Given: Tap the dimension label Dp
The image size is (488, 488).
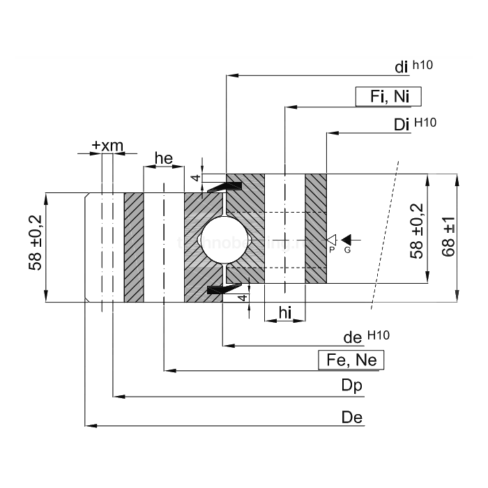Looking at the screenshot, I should (x=351, y=386).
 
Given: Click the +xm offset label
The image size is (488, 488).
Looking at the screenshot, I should (x=107, y=145).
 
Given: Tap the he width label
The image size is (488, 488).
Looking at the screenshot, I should (x=163, y=158).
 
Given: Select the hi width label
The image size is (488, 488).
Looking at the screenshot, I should (x=284, y=313).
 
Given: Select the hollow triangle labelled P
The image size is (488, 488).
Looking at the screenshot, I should (x=333, y=239).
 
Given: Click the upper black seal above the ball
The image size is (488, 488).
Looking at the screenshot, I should (x=225, y=186).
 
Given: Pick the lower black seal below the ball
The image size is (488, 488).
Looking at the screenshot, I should (x=224, y=289).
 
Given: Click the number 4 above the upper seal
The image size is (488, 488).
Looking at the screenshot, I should (x=197, y=178).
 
